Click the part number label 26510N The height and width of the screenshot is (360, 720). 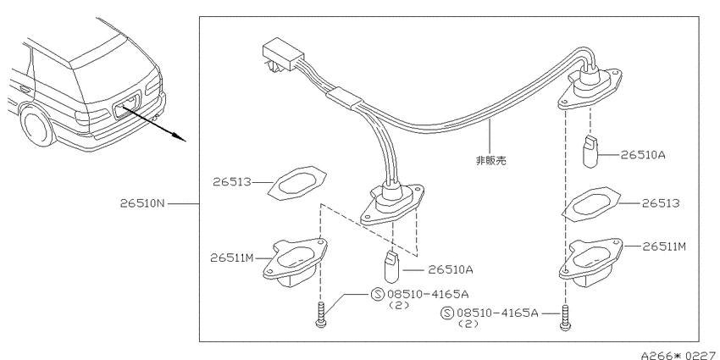[142, 203]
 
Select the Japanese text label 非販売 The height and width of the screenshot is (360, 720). [490, 160]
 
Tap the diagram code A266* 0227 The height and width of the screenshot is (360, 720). [680, 355]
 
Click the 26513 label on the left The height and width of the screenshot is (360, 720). [232, 182]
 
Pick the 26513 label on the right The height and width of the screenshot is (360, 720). [661, 203]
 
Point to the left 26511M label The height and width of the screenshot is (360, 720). [232, 258]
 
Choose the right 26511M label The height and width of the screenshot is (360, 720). [664, 246]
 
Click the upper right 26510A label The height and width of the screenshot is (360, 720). [643, 155]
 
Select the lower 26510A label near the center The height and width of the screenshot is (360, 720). [450, 269]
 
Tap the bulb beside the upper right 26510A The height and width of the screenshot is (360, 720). [590, 152]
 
